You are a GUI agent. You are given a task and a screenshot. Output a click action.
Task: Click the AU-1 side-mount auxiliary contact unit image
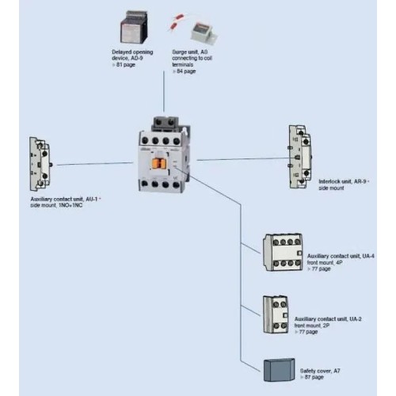click(40, 162)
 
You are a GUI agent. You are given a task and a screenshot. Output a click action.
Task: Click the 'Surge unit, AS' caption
click(191, 52)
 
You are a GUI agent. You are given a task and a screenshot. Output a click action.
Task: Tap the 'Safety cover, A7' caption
click(322, 369)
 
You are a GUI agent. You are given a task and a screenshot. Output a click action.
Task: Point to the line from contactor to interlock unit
click(238, 158)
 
